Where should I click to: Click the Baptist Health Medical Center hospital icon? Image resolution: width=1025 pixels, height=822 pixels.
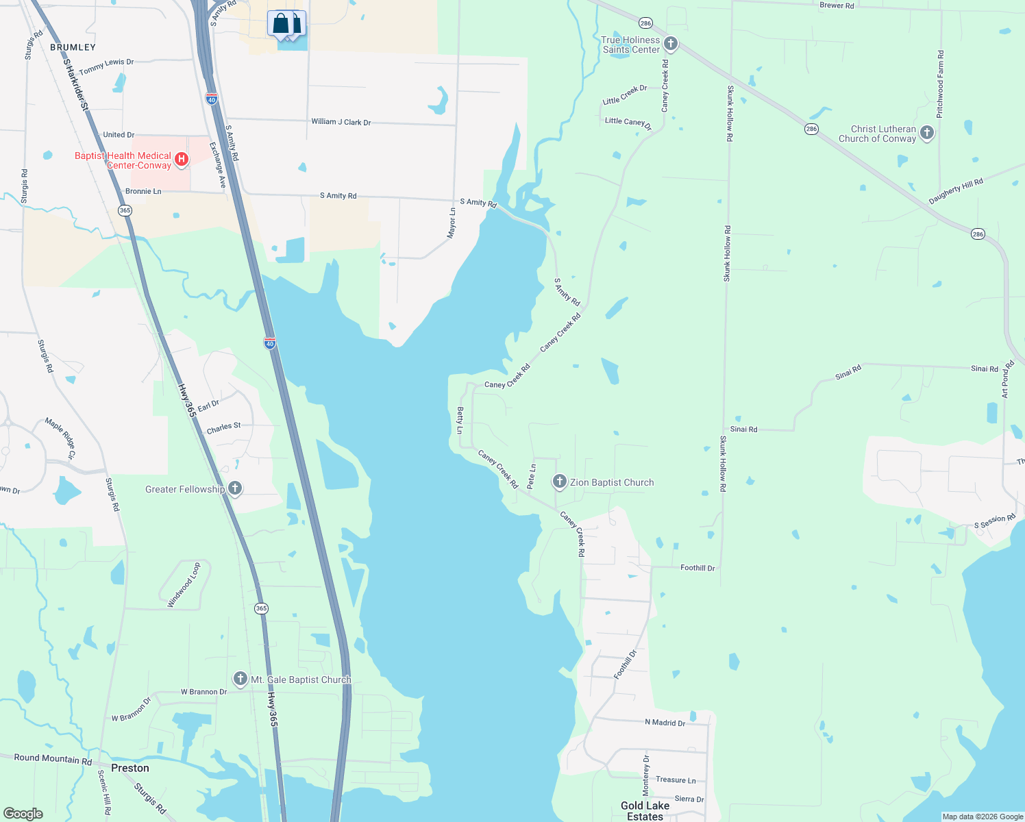tap(182, 160)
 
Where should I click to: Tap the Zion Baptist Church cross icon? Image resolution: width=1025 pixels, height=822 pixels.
tap(559, 482)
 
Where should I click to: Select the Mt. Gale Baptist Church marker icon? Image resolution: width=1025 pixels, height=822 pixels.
tap(240, 679)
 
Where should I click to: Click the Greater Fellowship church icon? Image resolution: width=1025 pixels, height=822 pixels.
tap(234, 488)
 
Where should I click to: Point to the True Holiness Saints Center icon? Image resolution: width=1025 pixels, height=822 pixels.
tap(671, 45)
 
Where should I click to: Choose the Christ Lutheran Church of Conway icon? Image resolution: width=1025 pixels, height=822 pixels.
tap(927, 133)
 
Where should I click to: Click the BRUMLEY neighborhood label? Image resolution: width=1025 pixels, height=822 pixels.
tap(73, 47)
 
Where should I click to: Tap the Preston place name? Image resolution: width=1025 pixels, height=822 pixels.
tap(130, 768)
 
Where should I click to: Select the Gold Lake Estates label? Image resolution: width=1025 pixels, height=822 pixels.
tap(645, 811)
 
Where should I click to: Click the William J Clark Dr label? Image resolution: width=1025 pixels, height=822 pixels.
tap(341, 122)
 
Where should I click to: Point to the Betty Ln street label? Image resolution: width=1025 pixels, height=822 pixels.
tap(460, 420)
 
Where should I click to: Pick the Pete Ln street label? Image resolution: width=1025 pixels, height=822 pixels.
tap(531, 476)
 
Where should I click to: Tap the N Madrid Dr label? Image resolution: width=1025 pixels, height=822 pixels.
tap(665, 723)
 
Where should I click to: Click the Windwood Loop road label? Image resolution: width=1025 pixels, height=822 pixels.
tap(184, 585)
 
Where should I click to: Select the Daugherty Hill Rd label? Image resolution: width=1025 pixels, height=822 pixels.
tap(955, 191)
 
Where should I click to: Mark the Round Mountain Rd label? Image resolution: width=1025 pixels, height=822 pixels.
tap(53, 758)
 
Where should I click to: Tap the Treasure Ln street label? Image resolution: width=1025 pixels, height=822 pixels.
tap(675, 780)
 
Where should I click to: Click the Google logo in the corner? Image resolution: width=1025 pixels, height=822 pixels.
tap(23, 813)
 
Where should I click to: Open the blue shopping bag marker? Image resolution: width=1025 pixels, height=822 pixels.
tap(282, 24)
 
